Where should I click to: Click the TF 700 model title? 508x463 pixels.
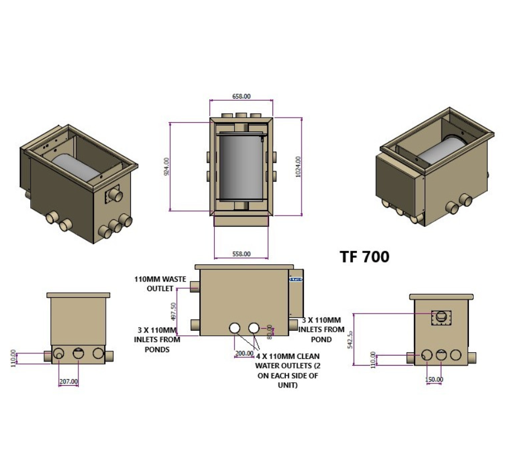click(x=364, y=256)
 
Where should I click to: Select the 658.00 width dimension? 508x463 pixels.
click(x=241, y=96)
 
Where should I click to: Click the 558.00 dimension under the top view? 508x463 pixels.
click(x=241, y=254)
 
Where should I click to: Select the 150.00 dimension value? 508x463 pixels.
click(x=434, y=379)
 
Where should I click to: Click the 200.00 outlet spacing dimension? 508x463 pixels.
click(x=243, y=354)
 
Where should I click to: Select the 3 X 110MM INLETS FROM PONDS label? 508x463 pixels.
click(x=157, y=339)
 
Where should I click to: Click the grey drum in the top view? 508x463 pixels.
click(x=241, y=167)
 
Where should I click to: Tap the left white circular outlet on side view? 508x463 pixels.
click(x=234, y=328)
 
